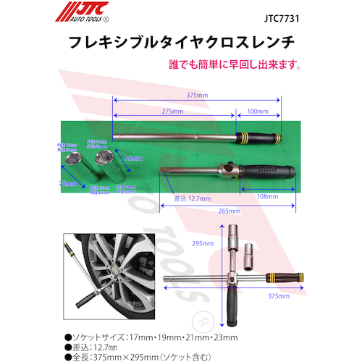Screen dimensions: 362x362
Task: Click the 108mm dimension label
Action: pyautogui.click(x=268, y=196)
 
